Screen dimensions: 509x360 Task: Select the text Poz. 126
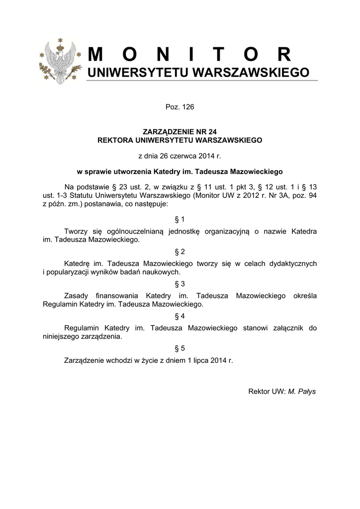180,107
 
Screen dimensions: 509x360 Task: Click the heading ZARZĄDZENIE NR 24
180,133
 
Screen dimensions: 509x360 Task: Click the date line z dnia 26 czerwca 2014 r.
180,156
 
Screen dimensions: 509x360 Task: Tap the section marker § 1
180,219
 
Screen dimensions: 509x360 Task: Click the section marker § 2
180,252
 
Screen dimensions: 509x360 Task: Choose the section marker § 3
180,284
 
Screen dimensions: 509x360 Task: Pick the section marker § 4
180,316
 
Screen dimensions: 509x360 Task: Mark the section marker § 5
180,348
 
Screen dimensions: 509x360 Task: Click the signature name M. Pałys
302,391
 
